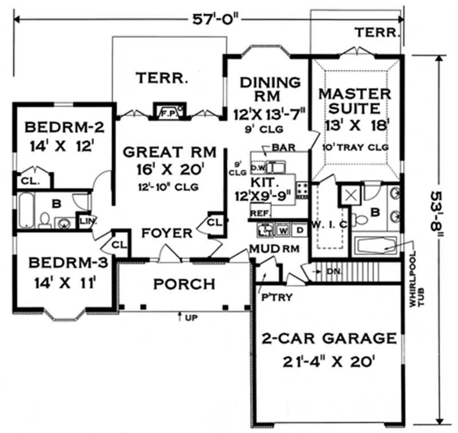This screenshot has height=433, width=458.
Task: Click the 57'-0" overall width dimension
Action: click(208, 19)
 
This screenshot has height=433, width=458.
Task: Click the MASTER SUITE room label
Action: click(355, 101)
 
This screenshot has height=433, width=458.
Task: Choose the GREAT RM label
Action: click(169, 152)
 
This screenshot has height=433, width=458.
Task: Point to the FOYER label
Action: click(167, 233)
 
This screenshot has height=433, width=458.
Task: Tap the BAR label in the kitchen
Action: click(283, 148)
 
